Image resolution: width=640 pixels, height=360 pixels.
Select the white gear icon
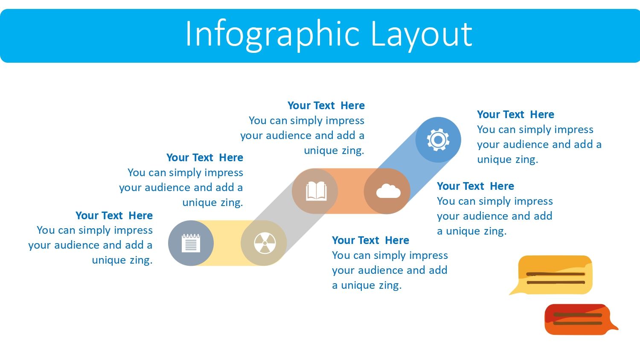point(438,140)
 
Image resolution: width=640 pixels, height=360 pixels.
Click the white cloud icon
point(388,191)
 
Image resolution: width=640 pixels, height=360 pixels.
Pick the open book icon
point(316,191)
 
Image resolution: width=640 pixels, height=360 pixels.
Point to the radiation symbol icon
point(265,243)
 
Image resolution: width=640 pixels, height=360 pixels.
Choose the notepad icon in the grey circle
point(191,243)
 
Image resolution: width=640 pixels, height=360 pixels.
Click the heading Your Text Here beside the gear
point(515,115)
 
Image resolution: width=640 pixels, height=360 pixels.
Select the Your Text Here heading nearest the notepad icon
point(114,215)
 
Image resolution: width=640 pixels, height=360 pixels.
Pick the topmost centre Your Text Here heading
point(326,105)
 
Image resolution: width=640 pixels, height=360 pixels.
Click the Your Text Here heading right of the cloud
point(475,186)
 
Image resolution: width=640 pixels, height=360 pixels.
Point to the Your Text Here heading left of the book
point(204,157)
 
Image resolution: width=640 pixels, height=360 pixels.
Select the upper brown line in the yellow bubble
point(556,274)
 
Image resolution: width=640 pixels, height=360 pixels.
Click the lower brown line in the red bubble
point(577,323)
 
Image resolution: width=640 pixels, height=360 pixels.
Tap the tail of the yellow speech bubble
point(515,291)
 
